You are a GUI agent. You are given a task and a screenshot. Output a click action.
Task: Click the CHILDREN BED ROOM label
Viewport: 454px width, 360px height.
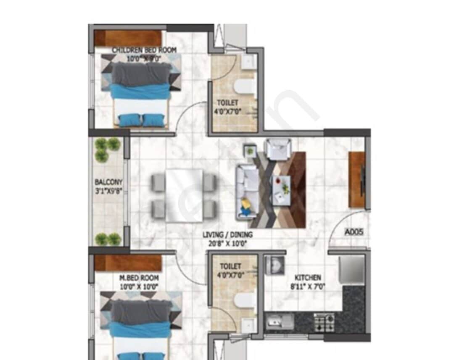(x=144, y=50)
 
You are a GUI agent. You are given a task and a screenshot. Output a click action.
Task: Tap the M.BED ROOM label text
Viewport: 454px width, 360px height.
(x=138, y=278)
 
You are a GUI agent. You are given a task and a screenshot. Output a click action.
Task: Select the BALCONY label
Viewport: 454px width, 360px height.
(x=108, y=182)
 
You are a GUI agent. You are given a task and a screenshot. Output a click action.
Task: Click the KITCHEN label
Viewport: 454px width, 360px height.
(x=308, y=278)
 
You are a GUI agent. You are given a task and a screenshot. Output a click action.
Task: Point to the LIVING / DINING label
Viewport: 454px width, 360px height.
(x=227, y=235)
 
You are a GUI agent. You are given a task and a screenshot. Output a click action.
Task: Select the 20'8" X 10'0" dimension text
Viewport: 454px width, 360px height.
(x=227, y=243)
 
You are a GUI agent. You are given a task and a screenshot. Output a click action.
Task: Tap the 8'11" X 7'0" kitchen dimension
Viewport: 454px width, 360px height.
(x=308, y=287)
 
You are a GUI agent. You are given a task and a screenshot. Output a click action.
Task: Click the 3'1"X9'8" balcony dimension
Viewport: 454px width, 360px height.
(x=108, y=190)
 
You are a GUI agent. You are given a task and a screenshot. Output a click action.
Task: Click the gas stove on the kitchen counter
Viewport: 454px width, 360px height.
(x=324, y=322)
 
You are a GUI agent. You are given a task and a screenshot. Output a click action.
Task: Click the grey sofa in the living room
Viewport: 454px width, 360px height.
(x=247, y=192)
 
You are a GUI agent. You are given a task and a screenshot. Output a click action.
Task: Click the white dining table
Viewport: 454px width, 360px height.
(x=184, y=195)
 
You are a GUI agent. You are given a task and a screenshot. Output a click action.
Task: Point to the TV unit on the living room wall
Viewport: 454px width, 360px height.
(x=357, y=179)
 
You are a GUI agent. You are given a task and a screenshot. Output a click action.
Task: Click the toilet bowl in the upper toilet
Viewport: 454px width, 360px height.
(x=245, y=87)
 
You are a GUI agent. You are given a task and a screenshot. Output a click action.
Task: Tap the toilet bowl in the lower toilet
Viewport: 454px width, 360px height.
(x=245, y=300)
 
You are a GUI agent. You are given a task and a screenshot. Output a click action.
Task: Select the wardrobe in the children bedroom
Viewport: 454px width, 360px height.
(x=128, y=38)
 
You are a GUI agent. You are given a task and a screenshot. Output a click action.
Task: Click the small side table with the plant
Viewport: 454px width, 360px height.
(x=250, y=150)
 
